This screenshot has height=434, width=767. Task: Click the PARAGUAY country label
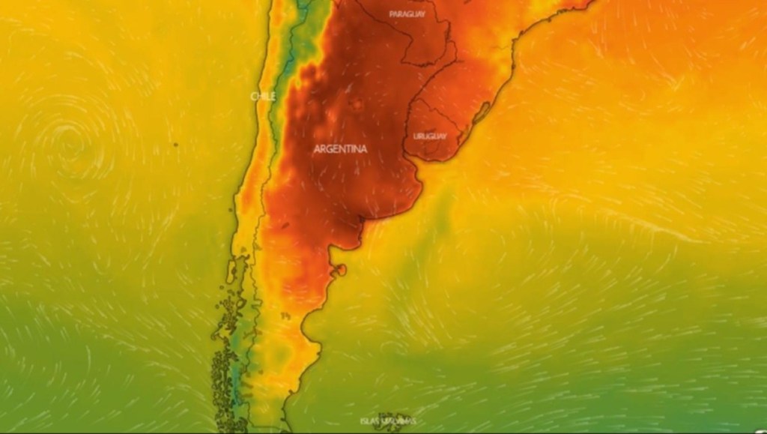(x=407, y=14)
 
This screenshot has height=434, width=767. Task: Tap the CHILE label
(x=263, y=96)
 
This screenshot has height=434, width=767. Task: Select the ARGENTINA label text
(x=340, y=149)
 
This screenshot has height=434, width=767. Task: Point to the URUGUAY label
(x=429, y=136)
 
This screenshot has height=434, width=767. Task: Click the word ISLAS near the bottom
(x=370, y=421)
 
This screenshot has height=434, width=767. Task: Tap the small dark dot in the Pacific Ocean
(x=175, y=144)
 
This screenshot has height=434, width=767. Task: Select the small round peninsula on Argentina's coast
(x=341, y=268)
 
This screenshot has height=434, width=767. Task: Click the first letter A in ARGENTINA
(x=317, y=149)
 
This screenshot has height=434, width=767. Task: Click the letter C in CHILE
(x=253, y=96)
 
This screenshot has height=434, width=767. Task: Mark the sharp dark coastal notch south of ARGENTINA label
(x=362, y=220)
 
